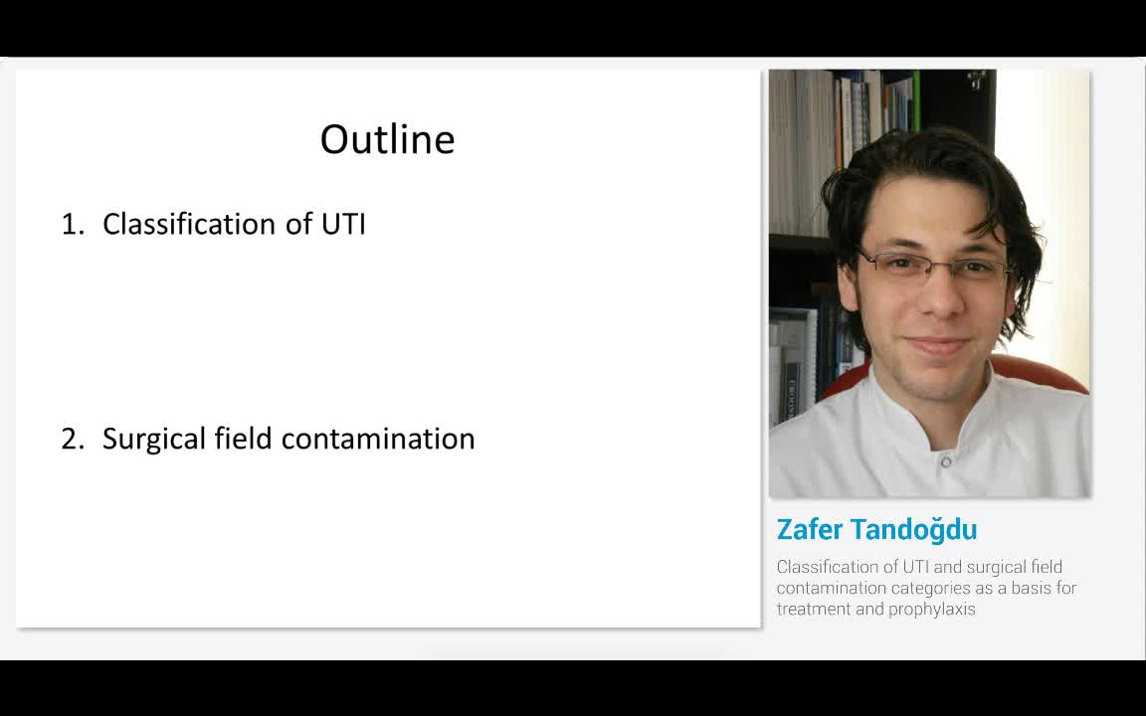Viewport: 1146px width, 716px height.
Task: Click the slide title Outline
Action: [x=387, y=139]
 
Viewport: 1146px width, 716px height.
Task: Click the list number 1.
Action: [x=72, y=225]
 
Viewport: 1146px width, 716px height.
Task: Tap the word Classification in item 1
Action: [x=190, y=225]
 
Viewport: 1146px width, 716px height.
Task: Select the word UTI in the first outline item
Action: [x=343, y=225]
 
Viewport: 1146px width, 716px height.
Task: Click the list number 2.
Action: [x=72, y=440]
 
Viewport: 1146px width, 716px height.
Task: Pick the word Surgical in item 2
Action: [x=154, y=440]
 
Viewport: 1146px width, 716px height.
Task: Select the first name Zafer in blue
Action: [x=810, y=529]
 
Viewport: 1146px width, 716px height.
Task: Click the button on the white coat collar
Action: [x=945, y=461]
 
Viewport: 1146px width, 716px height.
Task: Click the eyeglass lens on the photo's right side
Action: [x=977, y=270]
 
